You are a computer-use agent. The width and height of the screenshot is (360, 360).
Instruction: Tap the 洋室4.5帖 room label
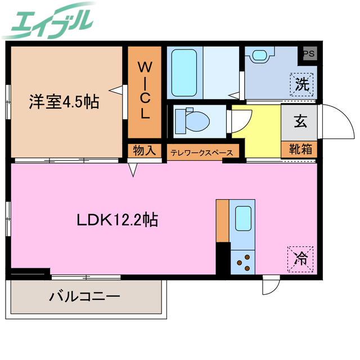[x=64, y=102]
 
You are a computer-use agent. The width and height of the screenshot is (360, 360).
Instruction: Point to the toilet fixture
[x=192, y=120]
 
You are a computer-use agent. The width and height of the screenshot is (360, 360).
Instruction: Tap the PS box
[x=309, y=53]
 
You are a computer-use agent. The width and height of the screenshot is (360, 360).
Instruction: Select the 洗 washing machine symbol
[x=302, y=85]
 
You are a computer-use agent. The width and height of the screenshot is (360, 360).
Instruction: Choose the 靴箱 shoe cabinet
[x=299, y=150]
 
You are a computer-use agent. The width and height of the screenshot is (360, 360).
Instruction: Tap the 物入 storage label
[x=144, y=151]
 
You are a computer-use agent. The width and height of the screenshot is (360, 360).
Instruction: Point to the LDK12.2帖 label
[x=117, y=219]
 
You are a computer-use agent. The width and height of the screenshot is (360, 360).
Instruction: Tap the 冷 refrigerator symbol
[x=301, y=259]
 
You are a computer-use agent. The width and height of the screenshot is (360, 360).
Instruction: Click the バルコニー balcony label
[x=84, y=296]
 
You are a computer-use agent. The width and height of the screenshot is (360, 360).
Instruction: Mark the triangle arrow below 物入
[x=133, y=169]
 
